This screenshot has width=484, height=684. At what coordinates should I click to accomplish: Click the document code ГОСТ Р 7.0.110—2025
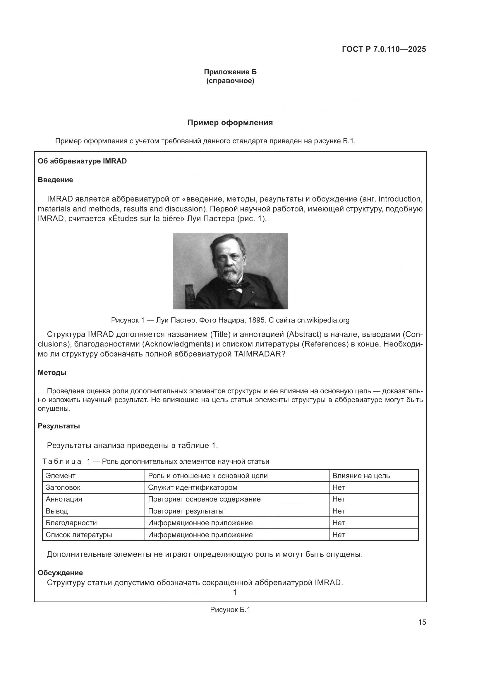click(384, 49)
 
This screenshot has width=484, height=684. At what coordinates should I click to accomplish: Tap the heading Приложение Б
click(230, 72)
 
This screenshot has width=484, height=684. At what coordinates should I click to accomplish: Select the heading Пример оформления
click(230, 123)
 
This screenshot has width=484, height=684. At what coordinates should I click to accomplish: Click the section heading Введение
click(55, 180)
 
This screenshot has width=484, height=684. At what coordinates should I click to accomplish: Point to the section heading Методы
click(52, 373)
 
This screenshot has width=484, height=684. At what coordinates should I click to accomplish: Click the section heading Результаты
click(59, 426)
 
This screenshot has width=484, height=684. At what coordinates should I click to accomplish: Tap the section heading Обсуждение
click(60, 573)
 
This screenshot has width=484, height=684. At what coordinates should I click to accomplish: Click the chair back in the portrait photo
click(189, 297)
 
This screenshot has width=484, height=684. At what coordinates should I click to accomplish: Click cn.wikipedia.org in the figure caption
click(323, 320)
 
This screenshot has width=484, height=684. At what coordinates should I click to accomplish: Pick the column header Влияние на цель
click(361, 476)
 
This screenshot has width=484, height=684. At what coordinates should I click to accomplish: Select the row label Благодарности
click(71, 523)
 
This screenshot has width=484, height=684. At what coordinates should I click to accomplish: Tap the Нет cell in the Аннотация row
click(338, 499)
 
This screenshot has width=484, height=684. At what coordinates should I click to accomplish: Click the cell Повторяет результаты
click(186, 511)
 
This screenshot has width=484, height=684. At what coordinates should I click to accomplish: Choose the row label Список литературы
click(79, 535)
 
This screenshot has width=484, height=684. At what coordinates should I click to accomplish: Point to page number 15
click(422, 622)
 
